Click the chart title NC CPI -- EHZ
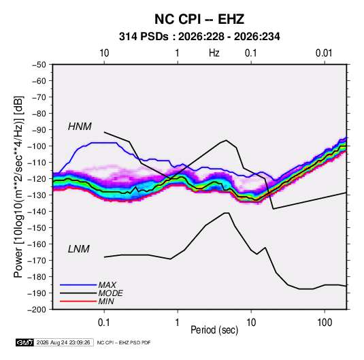[x=199, y=19]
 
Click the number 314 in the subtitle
[x=127, y=37]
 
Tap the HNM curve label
[x=80, y=127]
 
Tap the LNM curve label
[x=79, y=249]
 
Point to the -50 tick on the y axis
[x=39, y=65]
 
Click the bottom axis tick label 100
[x=325, y=323]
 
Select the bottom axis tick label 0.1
[x=104, y=323]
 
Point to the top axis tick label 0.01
[x=324, y=53]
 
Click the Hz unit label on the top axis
[x=214, y=53]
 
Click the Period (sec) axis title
[x=214, y=330]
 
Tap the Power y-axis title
[x=18, y=186]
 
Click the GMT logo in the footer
[x=25, y=342]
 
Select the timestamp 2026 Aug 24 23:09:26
[x=63, y=342]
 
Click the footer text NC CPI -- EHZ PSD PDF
[x=124, y=342]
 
